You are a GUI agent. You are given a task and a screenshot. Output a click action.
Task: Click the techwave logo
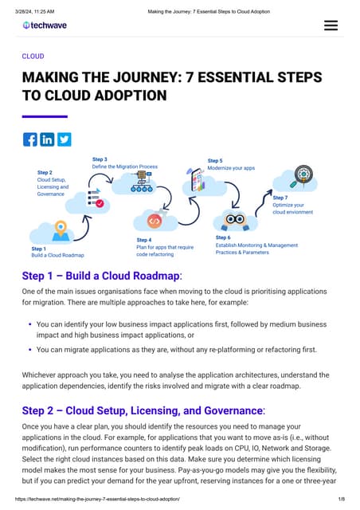pos(45,25)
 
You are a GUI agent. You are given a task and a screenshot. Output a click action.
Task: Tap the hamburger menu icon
pos(331,25)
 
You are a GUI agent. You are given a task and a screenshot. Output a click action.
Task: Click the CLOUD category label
pos(33,57)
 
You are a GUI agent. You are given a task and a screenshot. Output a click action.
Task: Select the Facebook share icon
pos(30,139)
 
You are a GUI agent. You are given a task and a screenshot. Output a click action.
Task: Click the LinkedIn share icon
pos(47,139)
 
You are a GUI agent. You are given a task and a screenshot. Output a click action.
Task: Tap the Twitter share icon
pos(64,139)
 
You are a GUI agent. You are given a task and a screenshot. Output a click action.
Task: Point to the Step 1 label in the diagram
pos(38,249)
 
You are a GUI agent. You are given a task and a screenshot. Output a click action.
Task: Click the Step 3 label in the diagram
pos(100,159)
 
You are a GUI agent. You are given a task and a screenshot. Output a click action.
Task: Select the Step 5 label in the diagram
pos(215,161)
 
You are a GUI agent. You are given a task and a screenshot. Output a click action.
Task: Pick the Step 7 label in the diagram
pos(280,197)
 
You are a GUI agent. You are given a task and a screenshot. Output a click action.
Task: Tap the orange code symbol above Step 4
pos(155,221)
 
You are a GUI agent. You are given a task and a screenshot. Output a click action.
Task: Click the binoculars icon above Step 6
pos(234,219)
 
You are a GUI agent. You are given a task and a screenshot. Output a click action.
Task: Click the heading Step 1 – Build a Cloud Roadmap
pos(102,276)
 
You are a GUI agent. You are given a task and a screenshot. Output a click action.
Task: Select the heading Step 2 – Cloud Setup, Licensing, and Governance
pos(143,410)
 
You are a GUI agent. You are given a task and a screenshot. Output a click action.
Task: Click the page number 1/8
pos(341,499)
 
